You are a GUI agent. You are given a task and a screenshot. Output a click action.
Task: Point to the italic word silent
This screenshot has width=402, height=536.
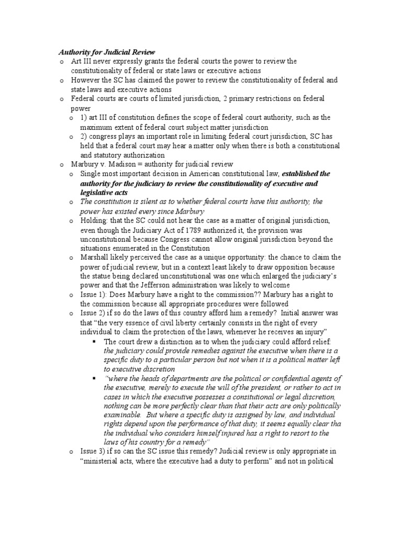138,202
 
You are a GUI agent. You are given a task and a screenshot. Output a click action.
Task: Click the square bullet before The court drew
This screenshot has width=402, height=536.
95,341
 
